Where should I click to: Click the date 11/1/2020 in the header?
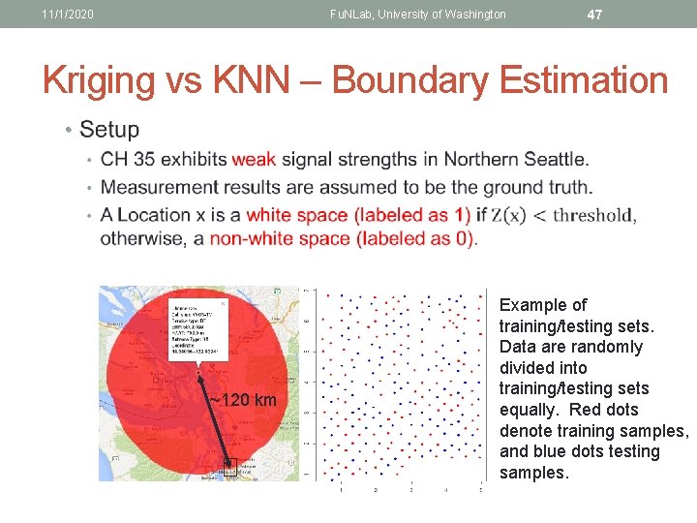coord(68,14)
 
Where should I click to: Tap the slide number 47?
coord(595,14)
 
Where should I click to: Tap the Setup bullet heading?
coord(109,129)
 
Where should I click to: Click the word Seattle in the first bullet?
coord(552,159)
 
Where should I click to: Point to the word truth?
coord(566,187)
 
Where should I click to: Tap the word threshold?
coord(592,215)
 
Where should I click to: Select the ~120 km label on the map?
coord(243,401)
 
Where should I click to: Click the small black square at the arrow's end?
coord(230,467)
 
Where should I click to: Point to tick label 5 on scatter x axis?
coord(481,490)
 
